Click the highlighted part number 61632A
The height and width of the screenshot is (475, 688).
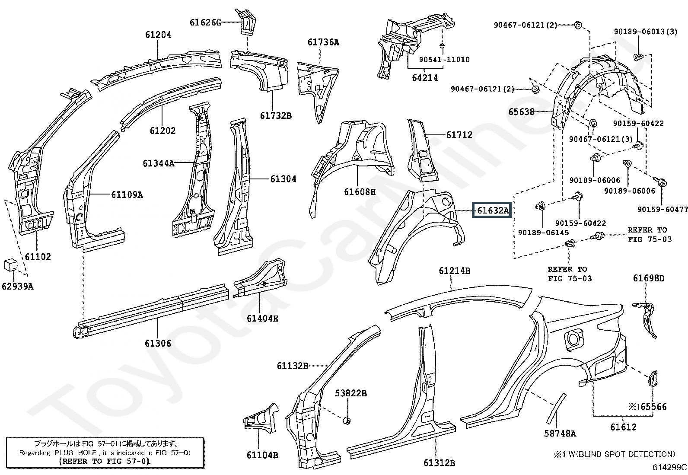pyautogui.click(x=492, y=210)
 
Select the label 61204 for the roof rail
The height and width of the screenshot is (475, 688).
pyautogui.click(x=158, y=35)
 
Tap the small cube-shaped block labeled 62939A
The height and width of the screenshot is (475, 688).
pyautogui.click(x=11, y=265)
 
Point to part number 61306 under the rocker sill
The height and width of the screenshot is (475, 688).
pyautogui.click(x=158, y=343)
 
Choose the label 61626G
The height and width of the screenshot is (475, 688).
pyautogui.click(x=205, y=22)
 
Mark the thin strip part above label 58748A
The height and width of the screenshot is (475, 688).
pyautogui.click(x=556, y=408)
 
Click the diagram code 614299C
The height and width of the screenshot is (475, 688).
pyautogui.click(x=669, y=467)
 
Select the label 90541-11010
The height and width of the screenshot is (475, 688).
pyautogui.click(x=444, y=60)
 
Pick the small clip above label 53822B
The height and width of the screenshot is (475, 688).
pyautogui.click(x=347, y=420)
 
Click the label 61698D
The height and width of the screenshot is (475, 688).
pyautogui.click(x=649, y=278)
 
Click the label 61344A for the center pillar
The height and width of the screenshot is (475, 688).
pyautogui.click(x=159, y=163)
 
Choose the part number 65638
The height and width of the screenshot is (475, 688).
pyautogui.click(x=522, y=112)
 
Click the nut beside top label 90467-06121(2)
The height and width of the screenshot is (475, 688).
pyautogui.click(x=578, y=25)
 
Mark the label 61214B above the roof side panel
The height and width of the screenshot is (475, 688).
pyautogui.click(x=455, y=271)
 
